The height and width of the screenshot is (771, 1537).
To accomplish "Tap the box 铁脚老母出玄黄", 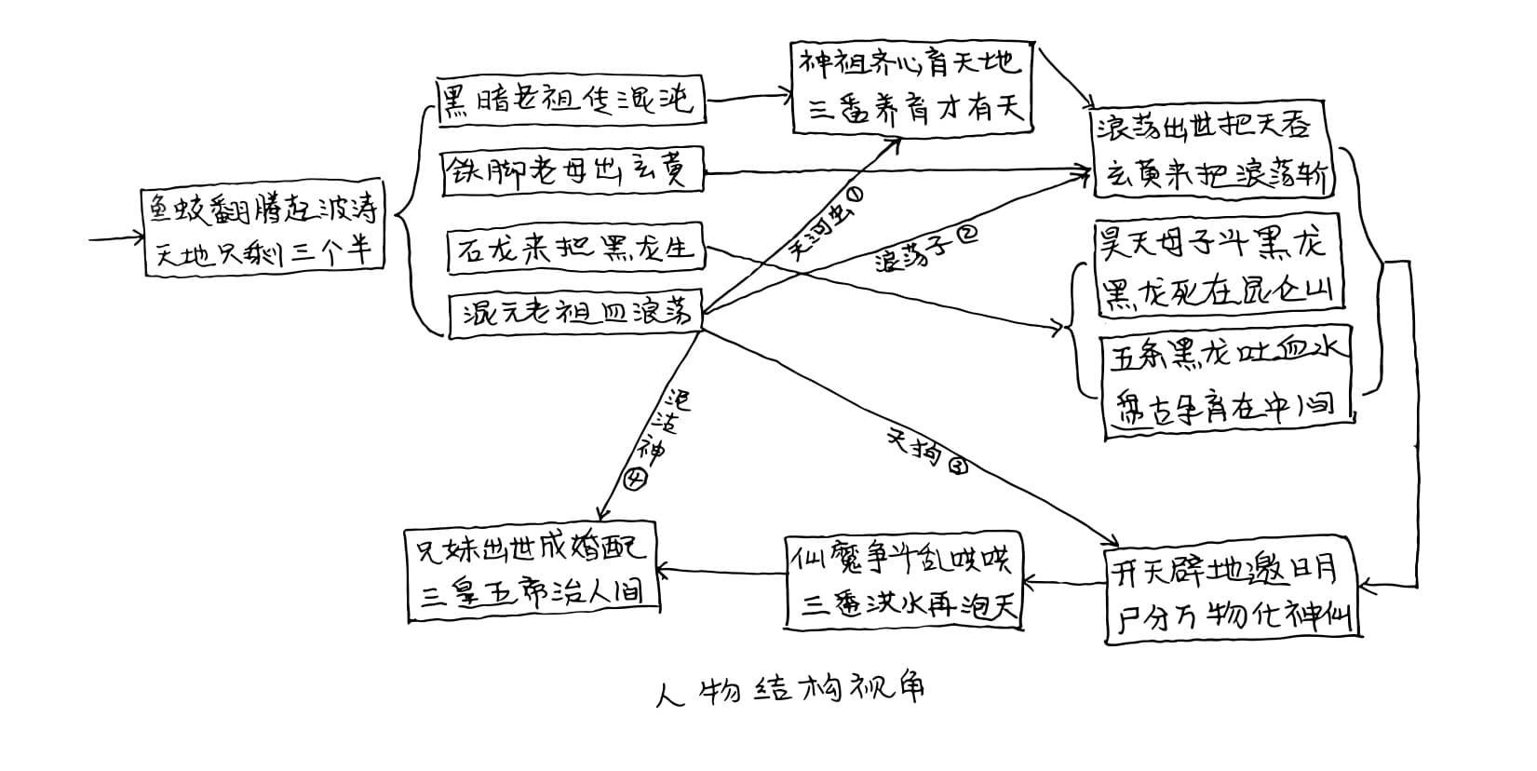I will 572,171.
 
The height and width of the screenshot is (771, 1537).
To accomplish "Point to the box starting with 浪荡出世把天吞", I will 1216,149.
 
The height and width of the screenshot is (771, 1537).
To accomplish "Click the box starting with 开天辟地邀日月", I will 1233,594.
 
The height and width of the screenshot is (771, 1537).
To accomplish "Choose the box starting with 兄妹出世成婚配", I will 533,574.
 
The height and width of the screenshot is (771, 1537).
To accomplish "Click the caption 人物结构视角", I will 790,689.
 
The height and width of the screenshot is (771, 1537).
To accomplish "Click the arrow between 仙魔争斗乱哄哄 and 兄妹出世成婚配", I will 721,572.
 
